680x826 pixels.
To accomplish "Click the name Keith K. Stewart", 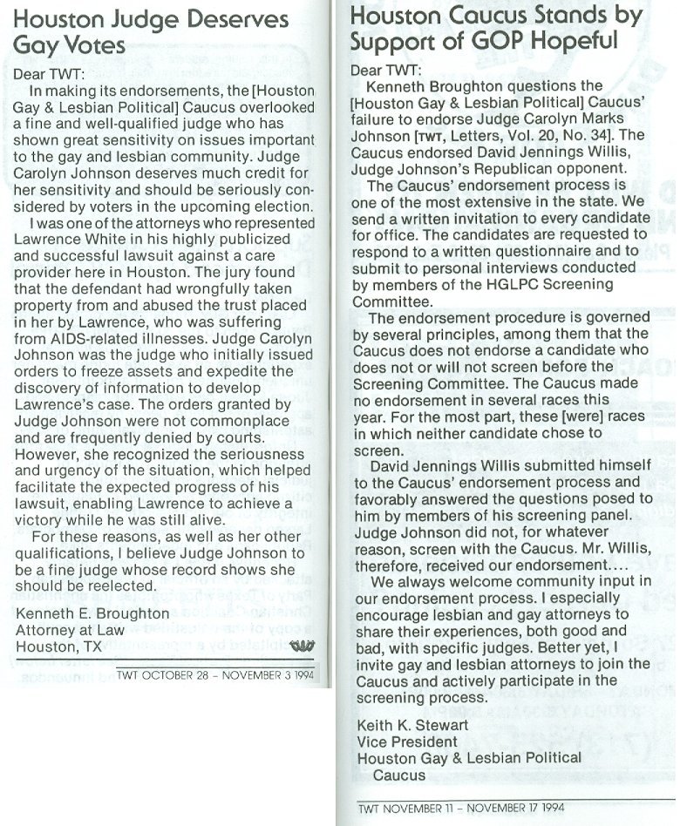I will point(412,725).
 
